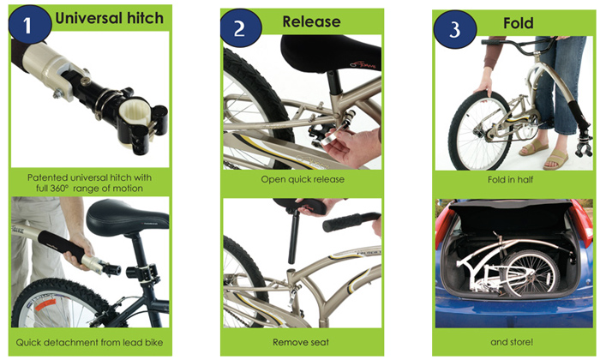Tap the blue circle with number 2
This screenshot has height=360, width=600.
tap(241, 28)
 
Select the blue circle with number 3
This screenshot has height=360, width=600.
tap(455, 29)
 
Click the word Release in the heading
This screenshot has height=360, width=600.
tap(311, 21)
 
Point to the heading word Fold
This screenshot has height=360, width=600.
tap(518, 23)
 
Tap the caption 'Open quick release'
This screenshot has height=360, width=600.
tap(303, 179)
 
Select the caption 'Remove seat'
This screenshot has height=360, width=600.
tap(301, 342)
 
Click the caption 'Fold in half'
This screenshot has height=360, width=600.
tap(511, 179)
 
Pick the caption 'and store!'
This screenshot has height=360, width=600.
tap(512, 342)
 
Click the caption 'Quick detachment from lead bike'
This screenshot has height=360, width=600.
tap(89, 342)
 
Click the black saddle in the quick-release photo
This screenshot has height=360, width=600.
tap(332, 52)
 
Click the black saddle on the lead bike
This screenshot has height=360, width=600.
tap(127, 219)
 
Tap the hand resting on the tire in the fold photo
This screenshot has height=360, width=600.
tap(483, 85)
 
